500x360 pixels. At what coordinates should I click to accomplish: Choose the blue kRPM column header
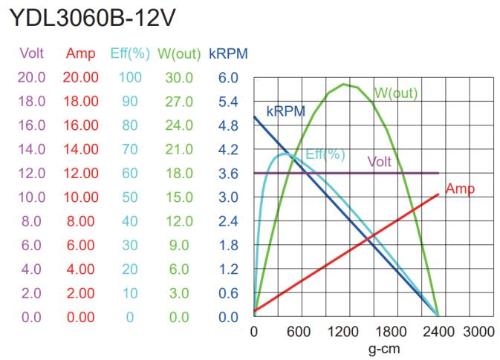228,53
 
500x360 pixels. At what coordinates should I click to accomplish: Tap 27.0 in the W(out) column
179,100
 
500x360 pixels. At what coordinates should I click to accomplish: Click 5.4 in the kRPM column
227,100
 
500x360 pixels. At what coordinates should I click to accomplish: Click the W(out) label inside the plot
396,94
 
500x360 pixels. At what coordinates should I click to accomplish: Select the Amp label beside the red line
461,189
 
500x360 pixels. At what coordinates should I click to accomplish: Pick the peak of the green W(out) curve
344,84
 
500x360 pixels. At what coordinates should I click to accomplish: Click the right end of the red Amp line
439,194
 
